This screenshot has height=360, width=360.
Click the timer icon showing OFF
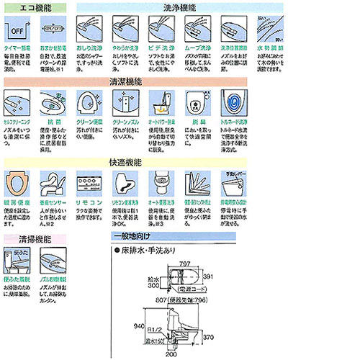pos(19,30)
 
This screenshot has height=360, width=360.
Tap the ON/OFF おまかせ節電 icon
pos(55,30)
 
